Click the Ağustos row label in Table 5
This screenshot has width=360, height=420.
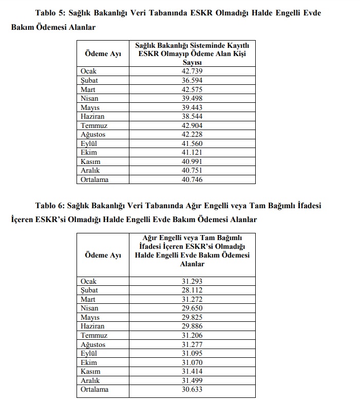[x=93, y=135]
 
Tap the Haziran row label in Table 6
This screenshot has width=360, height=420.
[x=92, y=326]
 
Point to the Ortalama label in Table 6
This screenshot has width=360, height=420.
[x=94, y=390]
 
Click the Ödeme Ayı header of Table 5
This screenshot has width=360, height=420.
[x=103, y=54]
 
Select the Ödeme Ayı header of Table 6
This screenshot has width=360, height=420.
[x=103, y=255]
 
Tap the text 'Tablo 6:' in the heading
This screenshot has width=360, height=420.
[x=50, y=206]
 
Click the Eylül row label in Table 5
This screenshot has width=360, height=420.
[x=89, y=143]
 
